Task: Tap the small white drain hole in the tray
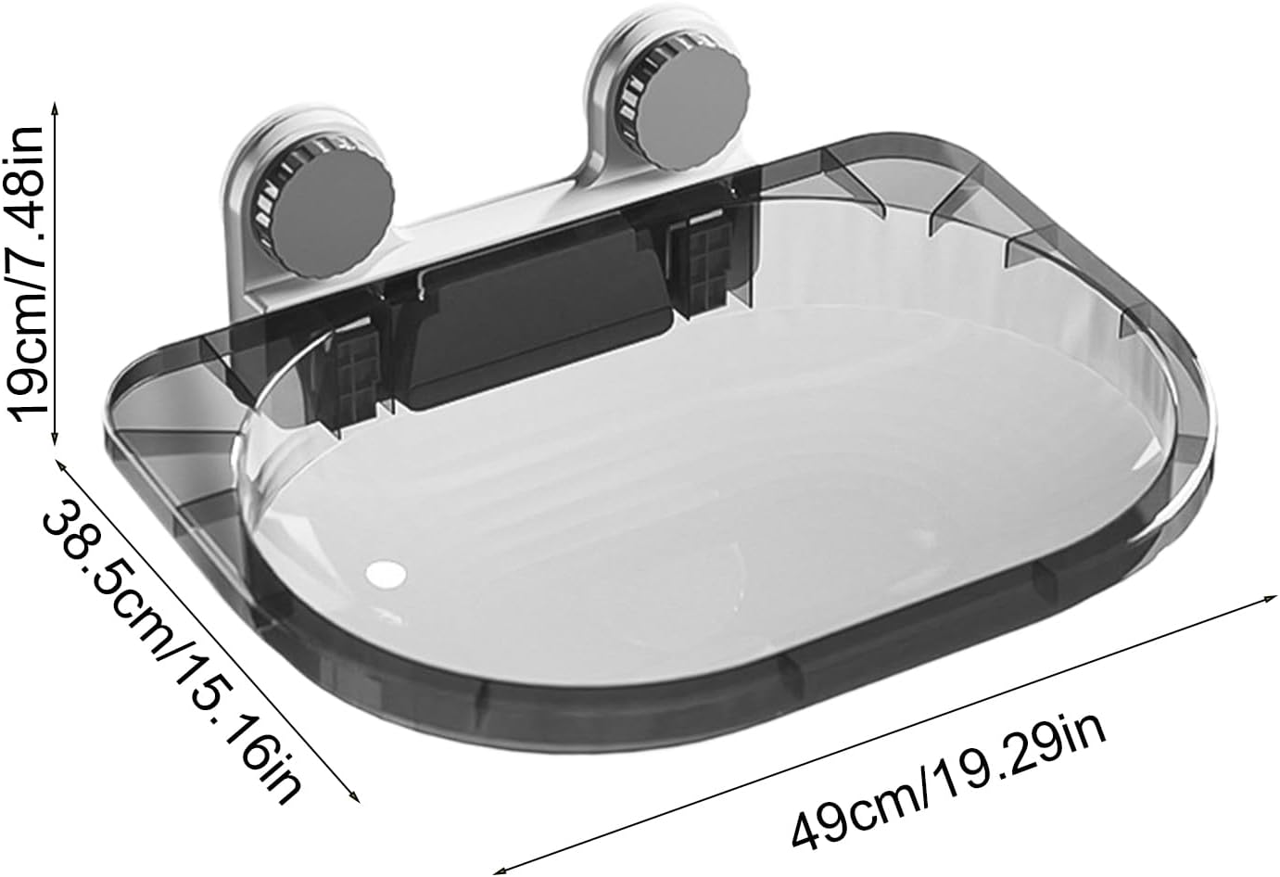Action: [386, 572]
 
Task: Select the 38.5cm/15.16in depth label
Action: [171, 649]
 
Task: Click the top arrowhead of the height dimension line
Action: [56, 107]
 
